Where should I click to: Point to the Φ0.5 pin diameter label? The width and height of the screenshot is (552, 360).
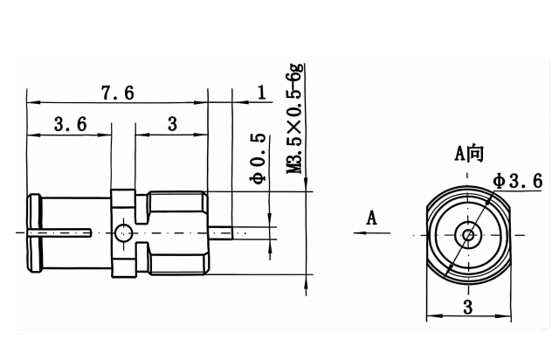coord(258,160)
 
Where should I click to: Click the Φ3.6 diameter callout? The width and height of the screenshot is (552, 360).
coord(516,180)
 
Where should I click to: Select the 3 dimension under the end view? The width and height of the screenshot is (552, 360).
coord(468,306)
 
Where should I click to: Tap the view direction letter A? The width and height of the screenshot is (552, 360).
coord(372,218)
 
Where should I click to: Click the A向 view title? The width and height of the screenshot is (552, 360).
coord(468,154)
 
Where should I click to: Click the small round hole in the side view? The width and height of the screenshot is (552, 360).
coord(123,232)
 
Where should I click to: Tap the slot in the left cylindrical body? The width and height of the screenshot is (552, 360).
coord(61,232)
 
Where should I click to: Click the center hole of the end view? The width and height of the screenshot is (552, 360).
coord(468,233)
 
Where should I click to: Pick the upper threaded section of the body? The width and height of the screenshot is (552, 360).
coord(175,206)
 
